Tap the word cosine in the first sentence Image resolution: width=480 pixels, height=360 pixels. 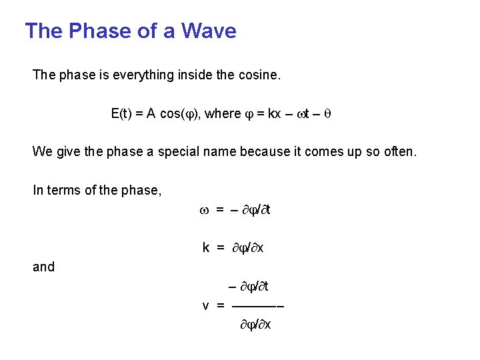[x=259, y=75]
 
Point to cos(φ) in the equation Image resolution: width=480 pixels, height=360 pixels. [x=180, y=114]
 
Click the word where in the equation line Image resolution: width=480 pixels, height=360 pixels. [x=223, y=114]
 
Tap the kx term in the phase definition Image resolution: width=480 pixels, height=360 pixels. [x=274, y=114]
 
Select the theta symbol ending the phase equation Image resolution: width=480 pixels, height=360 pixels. [x=327, y=114]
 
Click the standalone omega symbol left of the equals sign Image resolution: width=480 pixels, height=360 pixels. [x=204, y=211]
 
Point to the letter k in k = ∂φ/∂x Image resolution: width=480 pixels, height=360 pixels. [x=206, y=248]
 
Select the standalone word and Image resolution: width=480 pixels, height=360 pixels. [x=43, y=267]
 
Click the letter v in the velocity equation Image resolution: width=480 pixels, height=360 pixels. [x=206, y=305]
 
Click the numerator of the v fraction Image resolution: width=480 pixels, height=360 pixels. [x=249, y=287]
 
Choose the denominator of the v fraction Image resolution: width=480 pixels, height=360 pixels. [x=255, y=325]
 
